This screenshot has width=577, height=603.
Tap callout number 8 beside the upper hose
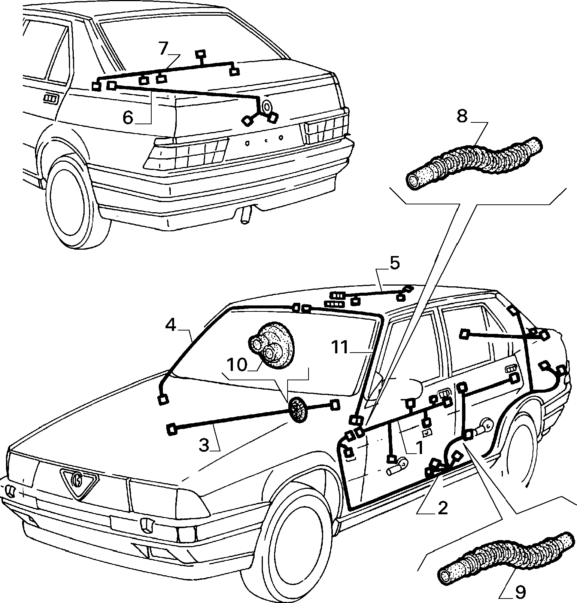pyautogui.click(x=462, y=116)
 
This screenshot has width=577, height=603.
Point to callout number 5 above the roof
pyautogui.click(x=395, y=263)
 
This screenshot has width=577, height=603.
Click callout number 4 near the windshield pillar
pyautogui.click(x=170, y=325)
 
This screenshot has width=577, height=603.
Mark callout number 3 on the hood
pyautogui.click(x=204, y=445)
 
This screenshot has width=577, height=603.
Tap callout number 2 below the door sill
pyautogui.click(x=443, y=508)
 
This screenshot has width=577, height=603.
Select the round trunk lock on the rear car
pyautogui.click(x=267, y=107)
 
